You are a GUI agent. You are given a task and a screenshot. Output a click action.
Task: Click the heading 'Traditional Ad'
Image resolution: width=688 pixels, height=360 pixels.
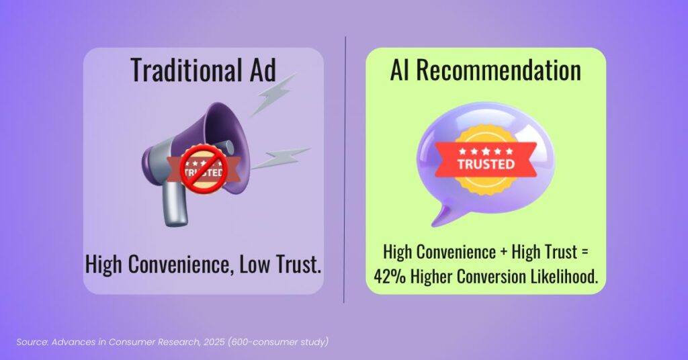pyautogui.click(x=203, y=70)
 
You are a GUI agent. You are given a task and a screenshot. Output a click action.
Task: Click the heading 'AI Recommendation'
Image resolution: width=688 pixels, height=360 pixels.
pyautogui.click(x=485, y=70)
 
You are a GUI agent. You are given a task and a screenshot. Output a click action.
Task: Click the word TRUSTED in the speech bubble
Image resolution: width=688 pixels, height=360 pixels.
pyautogui.click(x=485, y=163)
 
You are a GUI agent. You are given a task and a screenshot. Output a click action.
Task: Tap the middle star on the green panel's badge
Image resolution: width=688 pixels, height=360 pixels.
pyautogui.click(x=485, y=151)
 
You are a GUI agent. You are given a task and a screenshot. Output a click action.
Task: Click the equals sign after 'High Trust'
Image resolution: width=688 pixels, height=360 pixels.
pyautogui.click(x=583, y=253)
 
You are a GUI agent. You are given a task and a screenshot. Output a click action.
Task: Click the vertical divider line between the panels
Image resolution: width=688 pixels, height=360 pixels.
pyautogui.click(x=345, y=168)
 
